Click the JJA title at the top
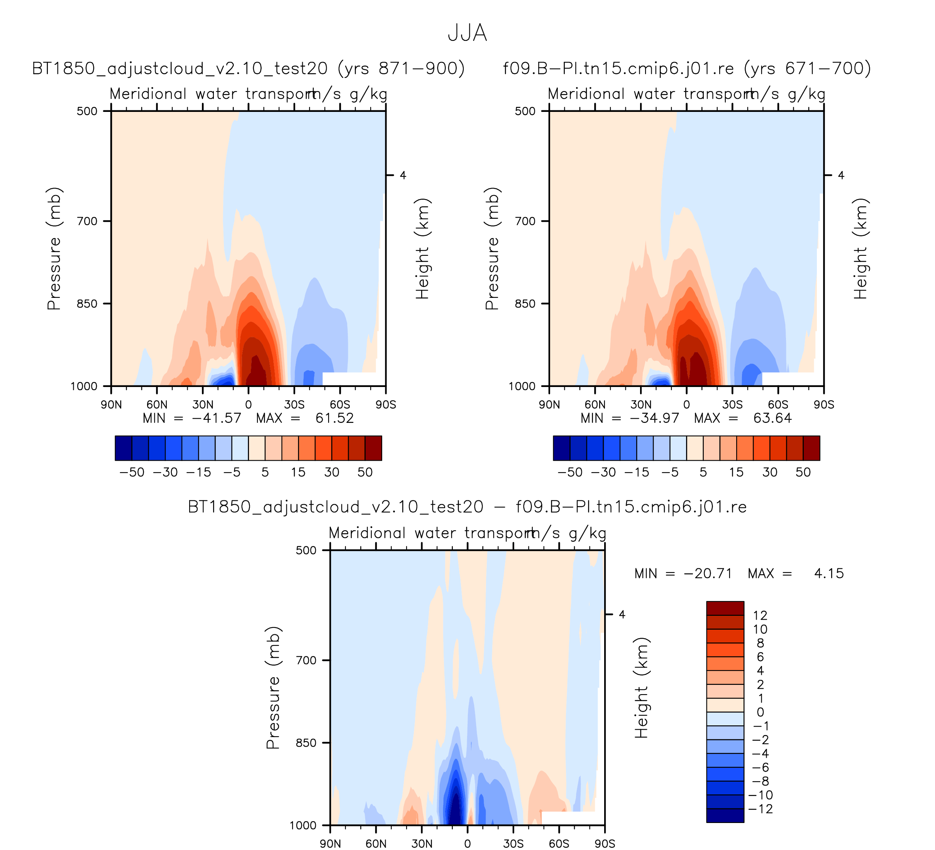(x=467, y=33)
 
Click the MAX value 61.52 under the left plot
(x=334, y=419)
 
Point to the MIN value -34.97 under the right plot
(x=654, y=419)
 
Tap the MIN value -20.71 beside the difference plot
(x=708, y=574)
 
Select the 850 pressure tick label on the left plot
(x=87, y=304)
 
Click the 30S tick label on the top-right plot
(x=732, y=405)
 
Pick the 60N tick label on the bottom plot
(x=376, y=843)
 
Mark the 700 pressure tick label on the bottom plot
(x=306, y=660)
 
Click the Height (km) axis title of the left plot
(x=422, y=248)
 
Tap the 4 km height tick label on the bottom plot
(x=622, y=615)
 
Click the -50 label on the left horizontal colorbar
(x=132, y=472)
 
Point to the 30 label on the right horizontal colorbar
(x=770, y=472)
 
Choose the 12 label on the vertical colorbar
(x=760, y=615)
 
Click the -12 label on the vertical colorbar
(x=761, y=809)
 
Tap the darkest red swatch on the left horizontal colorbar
(x=373, y=448)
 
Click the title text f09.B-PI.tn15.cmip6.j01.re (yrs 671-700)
(x=687, y=69)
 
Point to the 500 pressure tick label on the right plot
(x=525, y=111)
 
